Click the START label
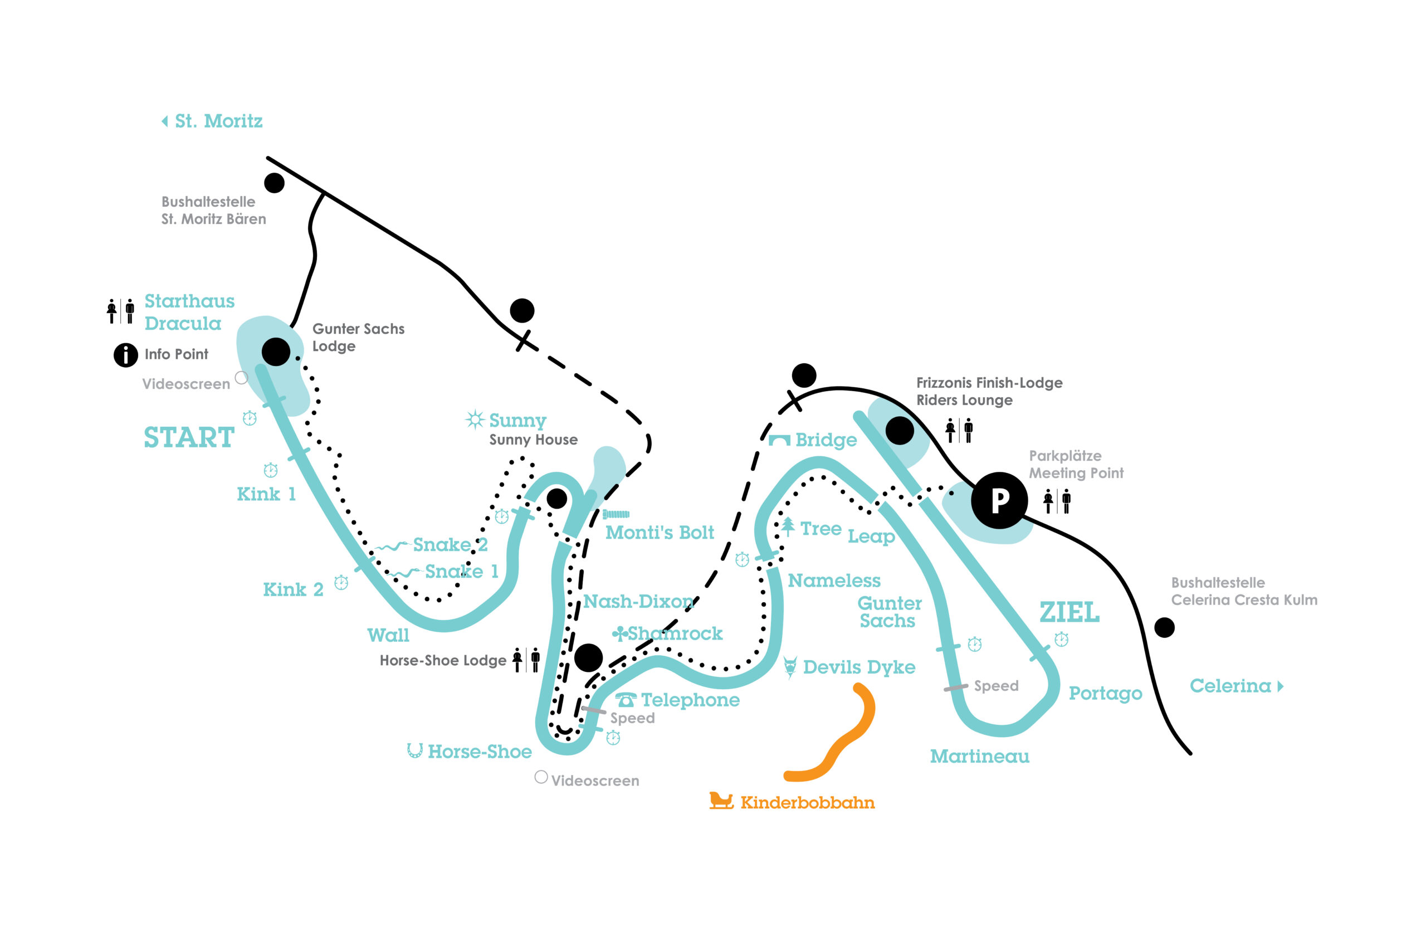click(x=189, y=438)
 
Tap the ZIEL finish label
click(x=1069, y=613)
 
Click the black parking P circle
click(x=999, y=500)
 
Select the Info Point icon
click(x=125, y=355)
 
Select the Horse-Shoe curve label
click(x=479, y=752)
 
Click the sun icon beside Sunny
click(x=475, y=419)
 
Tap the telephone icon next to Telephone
click(x=626, y=700)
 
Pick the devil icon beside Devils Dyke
click(x=790, y=667)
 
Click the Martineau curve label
click(x=979, y=757)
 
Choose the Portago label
click(x=1105, y=693)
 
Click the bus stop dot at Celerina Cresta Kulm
click(x=1164, y=627)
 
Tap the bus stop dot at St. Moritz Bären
click(x=274, y=183)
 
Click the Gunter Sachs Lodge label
click(x=358, y=337)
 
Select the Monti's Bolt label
click(x=660, y=533)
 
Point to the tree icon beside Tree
click(x=788, y=526)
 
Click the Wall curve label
click(x=388, y=635)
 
